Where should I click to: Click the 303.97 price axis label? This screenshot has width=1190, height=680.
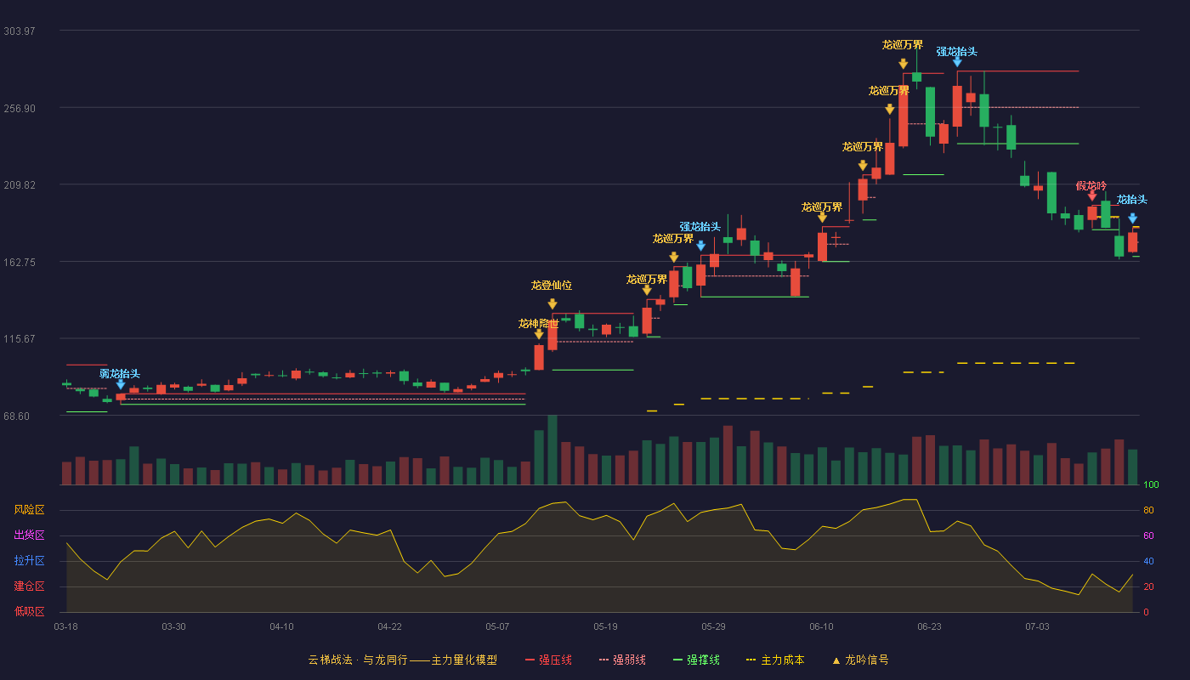[19, 31]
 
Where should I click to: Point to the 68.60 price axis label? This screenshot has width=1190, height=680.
[16, 416]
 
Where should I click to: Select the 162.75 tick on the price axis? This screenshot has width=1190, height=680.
[19, 263]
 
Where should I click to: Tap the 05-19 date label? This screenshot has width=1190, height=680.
[605, 627]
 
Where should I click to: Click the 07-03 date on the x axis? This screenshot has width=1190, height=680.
[1038, 627]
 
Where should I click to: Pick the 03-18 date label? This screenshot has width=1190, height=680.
[66, 627]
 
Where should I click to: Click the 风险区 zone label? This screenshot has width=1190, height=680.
[29, 510]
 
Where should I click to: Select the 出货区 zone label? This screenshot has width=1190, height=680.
[29, 535]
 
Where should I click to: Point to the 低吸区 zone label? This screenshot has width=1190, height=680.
[29, 611]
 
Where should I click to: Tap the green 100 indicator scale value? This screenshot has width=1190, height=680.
[1151, 484]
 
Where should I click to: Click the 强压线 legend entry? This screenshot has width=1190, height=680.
[549, 660]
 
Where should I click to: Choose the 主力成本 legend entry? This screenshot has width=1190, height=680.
[775, 660]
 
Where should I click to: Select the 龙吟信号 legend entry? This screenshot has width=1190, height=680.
[860, 660]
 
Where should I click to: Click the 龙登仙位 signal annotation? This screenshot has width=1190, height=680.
[552, 286]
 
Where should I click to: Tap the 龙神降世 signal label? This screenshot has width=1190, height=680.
[539, 324]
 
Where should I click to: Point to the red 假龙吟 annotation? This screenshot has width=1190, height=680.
[1091, 185]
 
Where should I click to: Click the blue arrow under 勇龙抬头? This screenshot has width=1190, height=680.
[121, 384]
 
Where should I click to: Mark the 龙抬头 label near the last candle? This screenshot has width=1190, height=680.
[1131, 200]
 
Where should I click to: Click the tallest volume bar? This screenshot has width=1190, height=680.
[552, 450]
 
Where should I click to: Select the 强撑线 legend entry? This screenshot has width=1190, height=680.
[696, 660]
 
